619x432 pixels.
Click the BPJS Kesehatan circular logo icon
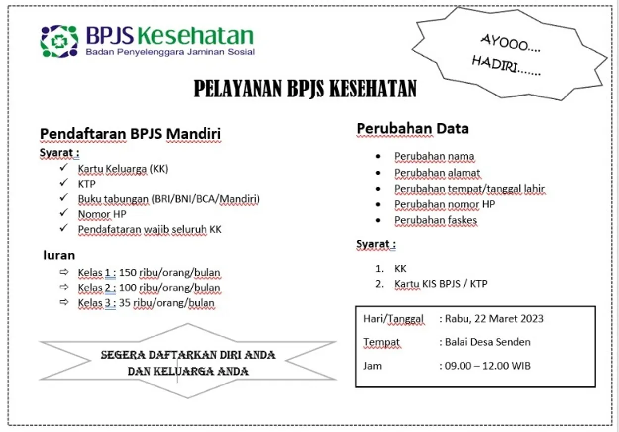pyautogui.click(x=59, y=42)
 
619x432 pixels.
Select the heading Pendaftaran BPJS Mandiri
pyautogui.click(x=130, y=134)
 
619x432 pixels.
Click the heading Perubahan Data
pyautogui.click(x=413, y=129)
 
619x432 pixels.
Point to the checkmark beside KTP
pyautogui.click(x=63, y=184)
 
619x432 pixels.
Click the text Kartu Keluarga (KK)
pyautogui.click(x=123, y=169)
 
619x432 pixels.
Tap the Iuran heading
pyautogui.click(x=59, y=255)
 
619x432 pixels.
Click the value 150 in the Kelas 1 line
pyautogui.click(x=128, y=273)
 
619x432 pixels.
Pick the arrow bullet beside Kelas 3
pyautogui.click(x=63, y=302)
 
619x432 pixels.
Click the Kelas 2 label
pyautogui.click(x=97, y=288)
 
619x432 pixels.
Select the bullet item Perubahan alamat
pyautogui.click(x=437, y=173)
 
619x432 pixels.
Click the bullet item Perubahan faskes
pyautogui.click(x=435, y=220)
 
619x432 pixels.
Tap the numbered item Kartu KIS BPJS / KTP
pyautogui.click(x=441, y=284)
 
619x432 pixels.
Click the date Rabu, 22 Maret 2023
pyautogui.click(x=494, y=318)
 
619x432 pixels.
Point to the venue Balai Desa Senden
pyautogui.click(x=488, y=342)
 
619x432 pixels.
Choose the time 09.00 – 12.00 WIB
pyautogui.click(x=488, y=366)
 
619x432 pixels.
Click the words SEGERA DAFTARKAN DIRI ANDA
pyautogui.click(x=188, y=355)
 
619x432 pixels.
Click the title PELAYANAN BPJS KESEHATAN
pyautogui.click(x=305, y=89)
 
